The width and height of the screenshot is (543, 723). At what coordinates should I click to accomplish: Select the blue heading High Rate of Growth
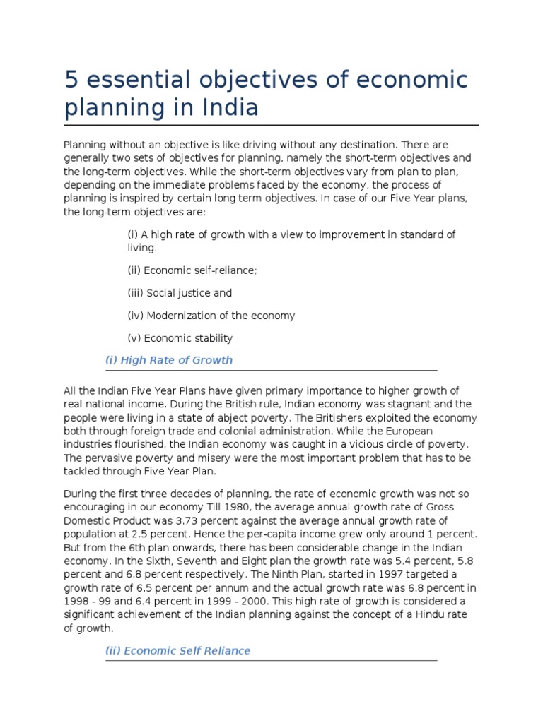[x=169, y=360]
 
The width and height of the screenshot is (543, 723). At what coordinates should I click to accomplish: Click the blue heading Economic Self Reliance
[x=177, y=650]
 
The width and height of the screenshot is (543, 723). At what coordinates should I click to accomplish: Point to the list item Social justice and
[x=180, y=292]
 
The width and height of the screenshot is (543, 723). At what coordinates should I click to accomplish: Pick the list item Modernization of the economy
[x=211, y=316]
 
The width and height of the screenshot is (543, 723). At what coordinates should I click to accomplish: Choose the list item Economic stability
[x=180, y=338]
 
